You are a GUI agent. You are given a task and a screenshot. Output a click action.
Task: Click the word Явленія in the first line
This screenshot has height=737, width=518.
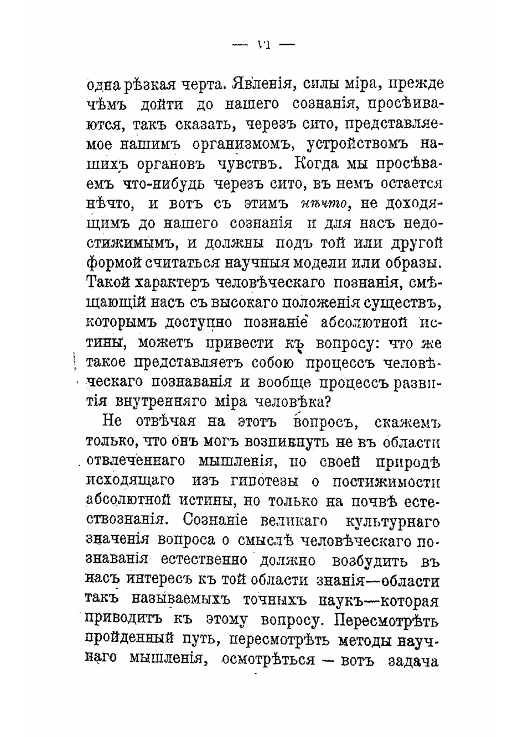[260, 85]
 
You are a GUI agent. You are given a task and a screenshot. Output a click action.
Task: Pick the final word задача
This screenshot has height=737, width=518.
[414, 660]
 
